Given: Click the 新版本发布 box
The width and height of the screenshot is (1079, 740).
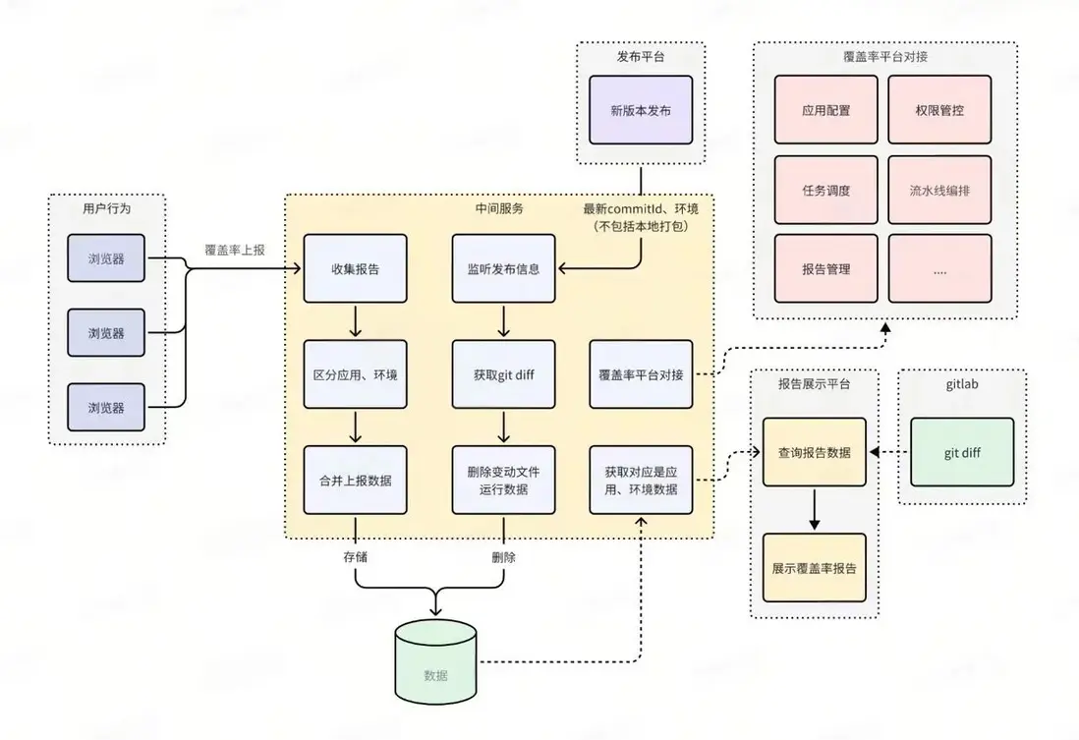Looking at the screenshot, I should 640,110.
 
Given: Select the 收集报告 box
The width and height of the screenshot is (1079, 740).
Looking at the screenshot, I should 355,268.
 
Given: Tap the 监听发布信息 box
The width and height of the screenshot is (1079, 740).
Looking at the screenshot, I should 503,268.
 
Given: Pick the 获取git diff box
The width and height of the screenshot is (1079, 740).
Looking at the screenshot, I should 503,374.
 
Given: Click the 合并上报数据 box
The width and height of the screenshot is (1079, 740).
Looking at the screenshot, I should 355,480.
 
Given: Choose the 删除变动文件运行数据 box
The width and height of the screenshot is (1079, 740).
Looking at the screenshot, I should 503,480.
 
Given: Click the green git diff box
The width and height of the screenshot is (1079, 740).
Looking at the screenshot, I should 961,452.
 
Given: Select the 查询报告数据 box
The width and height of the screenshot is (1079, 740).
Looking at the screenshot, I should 814,452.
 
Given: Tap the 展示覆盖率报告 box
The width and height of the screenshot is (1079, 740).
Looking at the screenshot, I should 814,568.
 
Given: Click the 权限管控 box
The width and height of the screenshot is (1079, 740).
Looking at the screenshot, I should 938,110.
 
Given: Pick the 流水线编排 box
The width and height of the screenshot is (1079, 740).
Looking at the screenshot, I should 938,190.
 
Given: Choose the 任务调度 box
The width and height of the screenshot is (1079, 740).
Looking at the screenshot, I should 825,190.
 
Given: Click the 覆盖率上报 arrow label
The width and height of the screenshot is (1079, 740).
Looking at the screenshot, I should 235,250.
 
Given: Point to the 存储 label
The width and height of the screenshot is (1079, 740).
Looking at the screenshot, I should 356,557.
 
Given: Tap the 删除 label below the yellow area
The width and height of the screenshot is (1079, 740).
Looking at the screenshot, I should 503,557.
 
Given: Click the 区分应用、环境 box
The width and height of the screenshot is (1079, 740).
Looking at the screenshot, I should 355,374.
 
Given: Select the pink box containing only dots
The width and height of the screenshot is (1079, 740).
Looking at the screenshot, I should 938,268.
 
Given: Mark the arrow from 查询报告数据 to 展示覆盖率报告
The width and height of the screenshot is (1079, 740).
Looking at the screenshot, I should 814,509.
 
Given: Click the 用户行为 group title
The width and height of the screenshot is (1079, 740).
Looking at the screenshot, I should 106,209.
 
